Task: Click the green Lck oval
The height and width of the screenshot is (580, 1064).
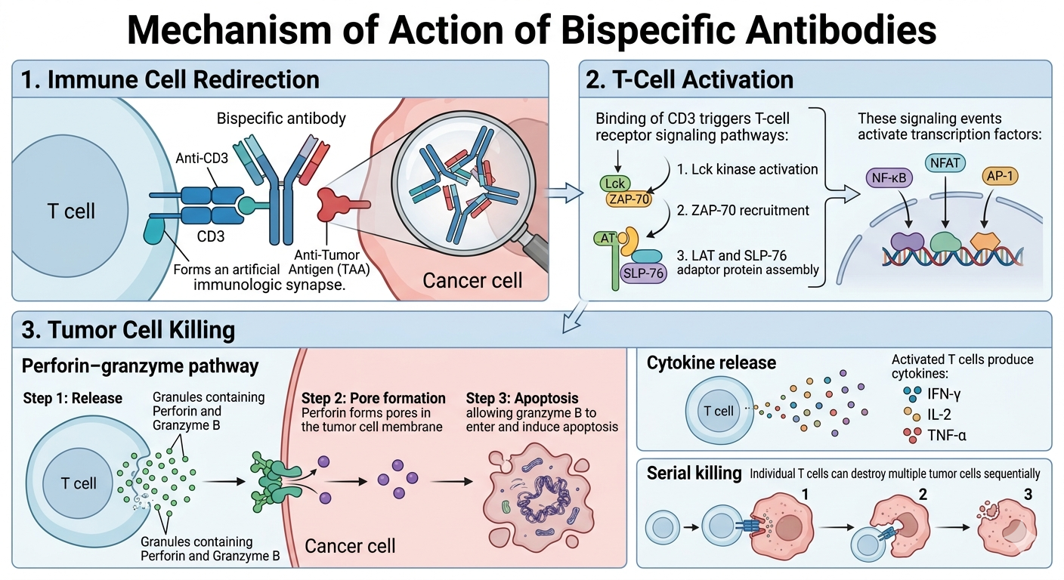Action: click(x=614, y=183)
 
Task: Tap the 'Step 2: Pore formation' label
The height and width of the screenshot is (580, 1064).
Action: click(x=373, y=398)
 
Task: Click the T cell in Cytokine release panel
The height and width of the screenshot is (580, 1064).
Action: click(x=718, y=412)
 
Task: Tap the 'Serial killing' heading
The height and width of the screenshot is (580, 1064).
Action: click(x=694, y=474)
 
